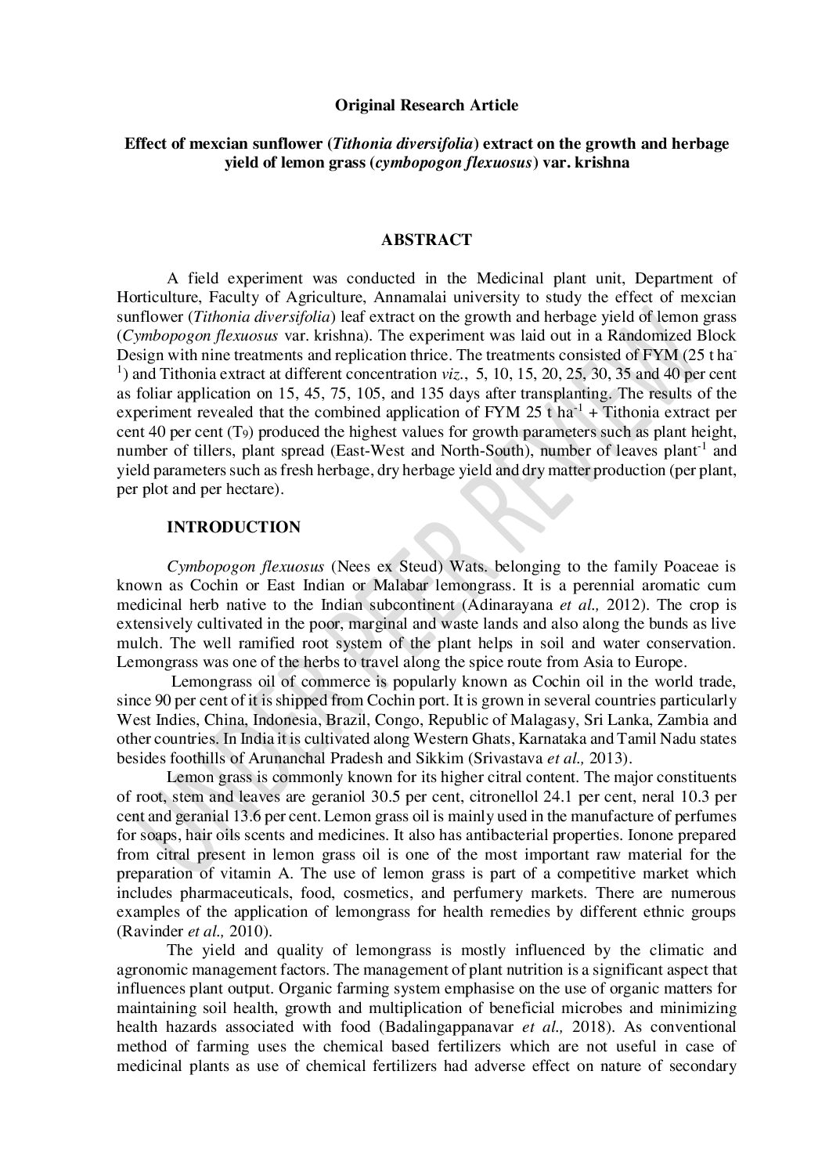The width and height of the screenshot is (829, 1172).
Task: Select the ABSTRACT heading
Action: pos(426,240)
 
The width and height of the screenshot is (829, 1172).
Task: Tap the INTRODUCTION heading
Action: pos(233,528)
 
